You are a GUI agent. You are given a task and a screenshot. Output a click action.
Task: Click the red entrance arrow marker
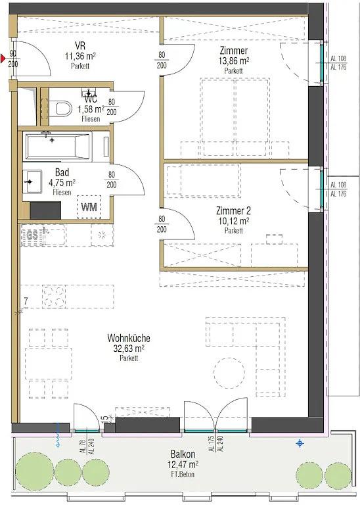point(3,59)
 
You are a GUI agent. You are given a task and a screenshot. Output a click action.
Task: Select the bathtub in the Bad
point(57,147)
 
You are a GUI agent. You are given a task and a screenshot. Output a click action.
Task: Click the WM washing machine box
point(89,207)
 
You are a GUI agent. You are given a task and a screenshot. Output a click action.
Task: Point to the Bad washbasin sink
point(32,182)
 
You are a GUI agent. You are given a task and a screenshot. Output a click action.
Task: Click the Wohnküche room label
point(128,338)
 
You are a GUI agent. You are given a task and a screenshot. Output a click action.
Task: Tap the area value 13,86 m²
point(234,61)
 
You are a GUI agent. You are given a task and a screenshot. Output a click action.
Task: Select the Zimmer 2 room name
point(233,211)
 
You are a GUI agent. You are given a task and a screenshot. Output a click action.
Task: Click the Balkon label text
point(183,454)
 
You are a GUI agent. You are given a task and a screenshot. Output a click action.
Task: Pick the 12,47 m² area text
point(183,465)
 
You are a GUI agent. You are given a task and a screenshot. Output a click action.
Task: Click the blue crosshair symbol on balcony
point(300,443)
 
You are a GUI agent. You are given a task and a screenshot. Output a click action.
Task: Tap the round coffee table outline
point(229,373)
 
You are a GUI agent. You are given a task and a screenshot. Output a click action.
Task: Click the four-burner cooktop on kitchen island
point(53,297)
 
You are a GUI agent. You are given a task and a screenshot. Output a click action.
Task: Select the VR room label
point(80,45)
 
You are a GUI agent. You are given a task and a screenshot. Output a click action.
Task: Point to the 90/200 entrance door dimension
point(13,59)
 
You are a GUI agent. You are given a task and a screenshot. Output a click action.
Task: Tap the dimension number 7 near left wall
point(26,302)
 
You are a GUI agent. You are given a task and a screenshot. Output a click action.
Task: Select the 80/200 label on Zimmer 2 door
point(162,224)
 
